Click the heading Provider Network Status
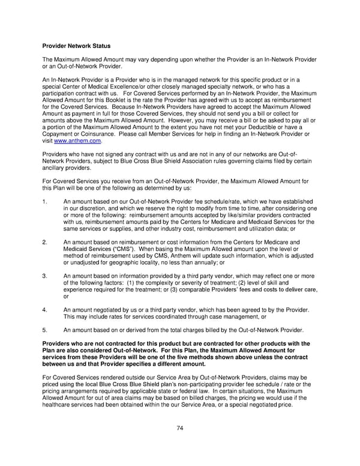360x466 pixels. coord(76,46)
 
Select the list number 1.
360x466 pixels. coord(46,201)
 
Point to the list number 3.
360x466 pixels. coord(46,276)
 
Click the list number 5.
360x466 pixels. coord(46,330)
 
